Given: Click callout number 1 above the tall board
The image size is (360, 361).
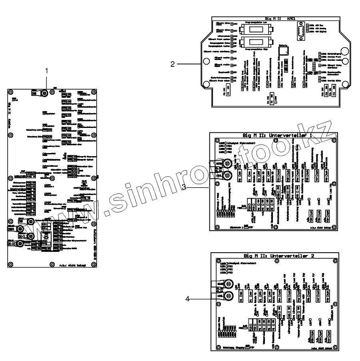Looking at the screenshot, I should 47,71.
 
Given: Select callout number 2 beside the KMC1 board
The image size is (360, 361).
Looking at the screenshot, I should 172,64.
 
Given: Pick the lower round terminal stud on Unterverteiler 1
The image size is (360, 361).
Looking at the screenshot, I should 227,176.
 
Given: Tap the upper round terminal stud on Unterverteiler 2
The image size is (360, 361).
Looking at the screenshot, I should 229,284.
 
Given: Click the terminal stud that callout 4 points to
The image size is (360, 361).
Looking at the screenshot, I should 229,297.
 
